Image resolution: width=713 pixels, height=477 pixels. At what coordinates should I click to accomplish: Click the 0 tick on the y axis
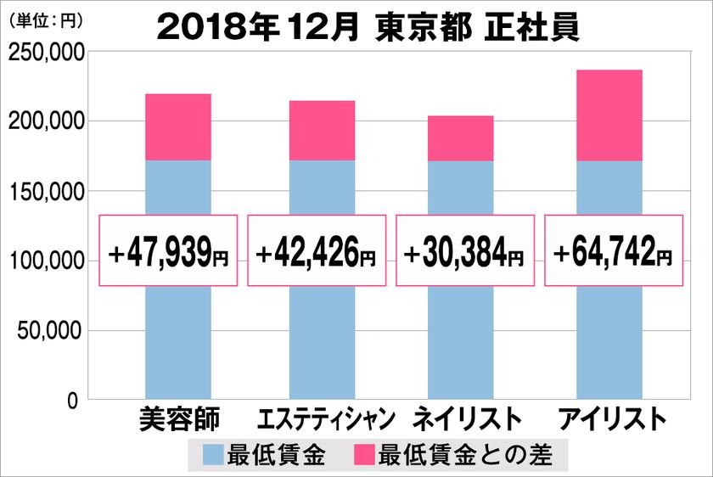(73, 400)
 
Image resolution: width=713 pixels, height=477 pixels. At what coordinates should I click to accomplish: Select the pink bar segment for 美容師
(178, 127)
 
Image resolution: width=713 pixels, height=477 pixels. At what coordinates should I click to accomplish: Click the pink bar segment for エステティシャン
(322, 131)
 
